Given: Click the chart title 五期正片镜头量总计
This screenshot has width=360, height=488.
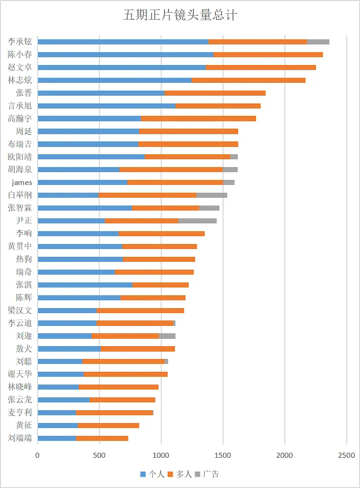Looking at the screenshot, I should [180, 15].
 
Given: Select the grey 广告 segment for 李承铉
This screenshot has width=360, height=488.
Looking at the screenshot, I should [318, 42].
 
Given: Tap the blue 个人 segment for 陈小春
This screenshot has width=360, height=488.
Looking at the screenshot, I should [125, 54].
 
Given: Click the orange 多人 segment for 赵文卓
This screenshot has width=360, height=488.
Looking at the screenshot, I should [261, 67].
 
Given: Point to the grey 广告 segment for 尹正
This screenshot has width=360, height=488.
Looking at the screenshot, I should [197, 221].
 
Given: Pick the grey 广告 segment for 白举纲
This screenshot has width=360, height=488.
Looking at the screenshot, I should [212, 195].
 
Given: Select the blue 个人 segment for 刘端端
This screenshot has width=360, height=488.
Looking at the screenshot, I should [57, 438].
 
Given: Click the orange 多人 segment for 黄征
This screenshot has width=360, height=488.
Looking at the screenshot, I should [108, 425].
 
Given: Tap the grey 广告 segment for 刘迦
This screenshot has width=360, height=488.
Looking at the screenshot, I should [167, 336].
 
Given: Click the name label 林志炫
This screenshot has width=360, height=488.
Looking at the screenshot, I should [20, 80].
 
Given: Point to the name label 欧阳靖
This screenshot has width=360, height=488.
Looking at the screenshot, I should [20, 157].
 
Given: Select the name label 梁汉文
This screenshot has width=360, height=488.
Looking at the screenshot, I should [20, 310].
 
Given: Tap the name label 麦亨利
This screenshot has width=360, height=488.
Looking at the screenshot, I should [20, 412].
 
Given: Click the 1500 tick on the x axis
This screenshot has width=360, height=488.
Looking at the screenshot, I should [223, 455].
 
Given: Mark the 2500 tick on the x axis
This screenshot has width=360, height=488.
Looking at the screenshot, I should [347, 455].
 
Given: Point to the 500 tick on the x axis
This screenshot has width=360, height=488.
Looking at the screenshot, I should [99, 455].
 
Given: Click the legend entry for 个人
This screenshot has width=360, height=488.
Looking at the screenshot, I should [152, 474].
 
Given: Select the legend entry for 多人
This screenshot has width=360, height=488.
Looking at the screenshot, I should [180, 474].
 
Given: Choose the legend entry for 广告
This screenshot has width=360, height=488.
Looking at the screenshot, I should [207, 474].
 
